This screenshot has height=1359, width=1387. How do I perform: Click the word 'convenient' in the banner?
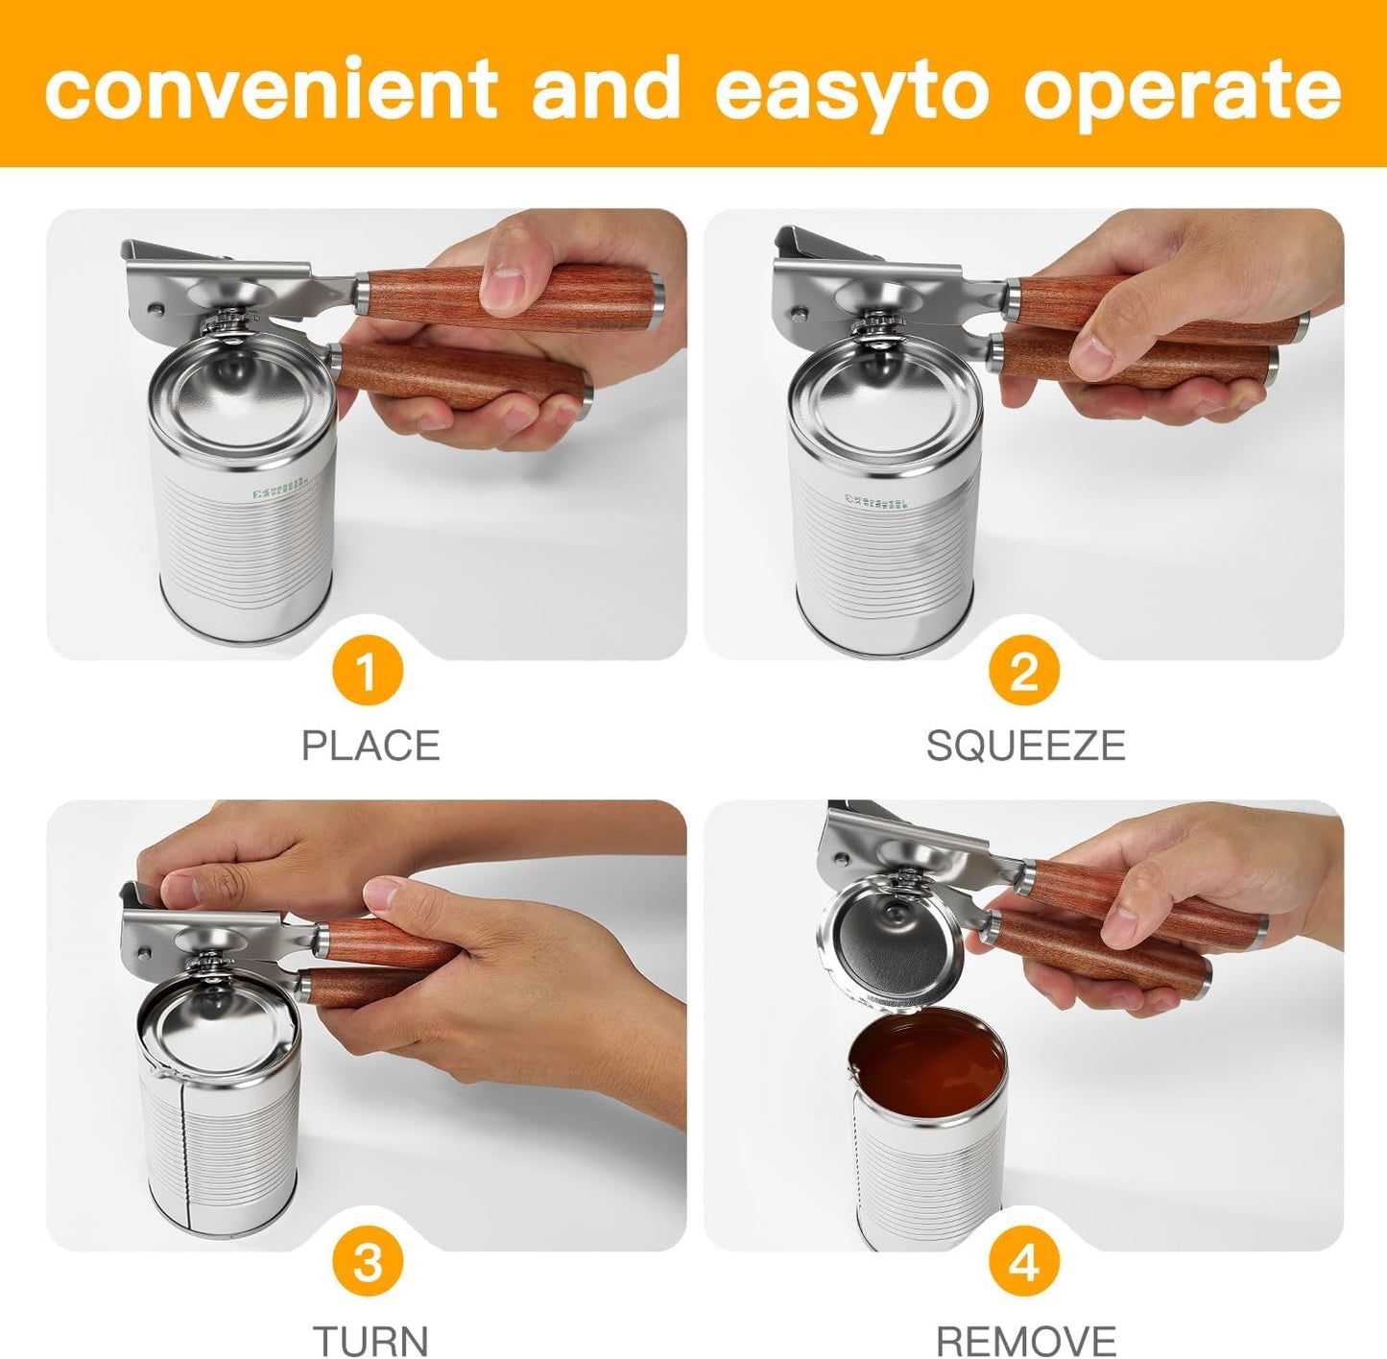[x=271, y=88]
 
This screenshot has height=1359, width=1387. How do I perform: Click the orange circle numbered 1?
[x=367, y=672]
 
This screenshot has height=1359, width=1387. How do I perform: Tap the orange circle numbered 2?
[x=1023, y=672]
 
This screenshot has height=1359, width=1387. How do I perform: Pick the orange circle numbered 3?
[x=367, y=1263]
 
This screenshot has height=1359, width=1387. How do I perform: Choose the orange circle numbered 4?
[x=1023, y=1263]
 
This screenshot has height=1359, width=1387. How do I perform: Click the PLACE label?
[x=371, y=746]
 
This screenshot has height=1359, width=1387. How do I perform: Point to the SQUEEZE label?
[x=1024, y=746]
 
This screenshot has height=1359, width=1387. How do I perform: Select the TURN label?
[x=371, y=1338]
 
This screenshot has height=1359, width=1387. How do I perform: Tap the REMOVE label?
[x=1025, y=1338]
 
